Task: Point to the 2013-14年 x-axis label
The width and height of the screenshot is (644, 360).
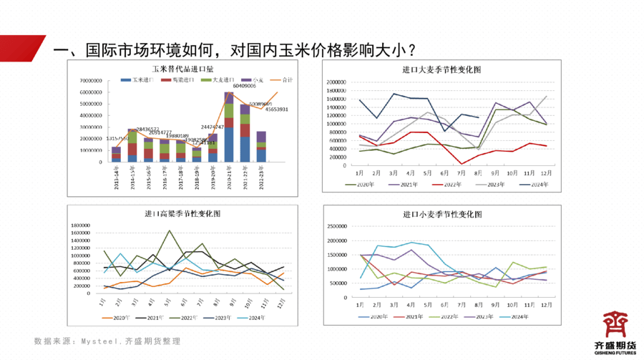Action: tap(116, 175)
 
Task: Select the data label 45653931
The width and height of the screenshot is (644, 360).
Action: tap(277, 110)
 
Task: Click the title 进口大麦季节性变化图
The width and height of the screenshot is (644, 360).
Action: tap(441, 69)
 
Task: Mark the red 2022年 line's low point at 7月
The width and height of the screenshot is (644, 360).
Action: tap(462, 164)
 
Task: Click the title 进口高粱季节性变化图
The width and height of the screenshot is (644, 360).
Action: tap(182, 214)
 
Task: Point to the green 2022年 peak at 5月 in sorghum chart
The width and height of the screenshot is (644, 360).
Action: tap(169, 230)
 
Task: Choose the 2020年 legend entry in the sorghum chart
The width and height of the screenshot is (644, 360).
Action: tap(114, 317)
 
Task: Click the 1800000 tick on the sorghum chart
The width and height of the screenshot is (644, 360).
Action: tap(79, 225)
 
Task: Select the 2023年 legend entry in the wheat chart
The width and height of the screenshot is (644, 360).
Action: tap(487, 316)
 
